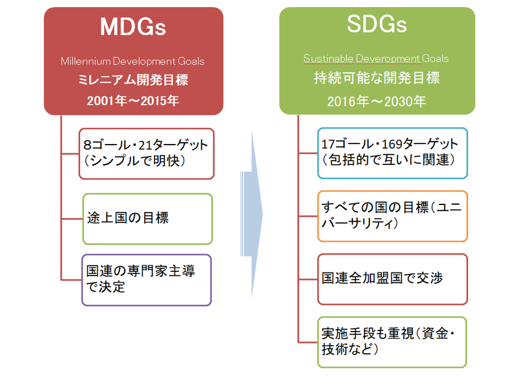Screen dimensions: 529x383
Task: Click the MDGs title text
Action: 133,27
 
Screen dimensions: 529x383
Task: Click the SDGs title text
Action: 377,24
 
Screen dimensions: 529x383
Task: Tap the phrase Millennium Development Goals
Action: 133,61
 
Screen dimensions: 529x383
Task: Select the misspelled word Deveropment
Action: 388,59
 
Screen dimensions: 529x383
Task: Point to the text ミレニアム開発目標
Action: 133,80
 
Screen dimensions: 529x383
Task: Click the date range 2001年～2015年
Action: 133,101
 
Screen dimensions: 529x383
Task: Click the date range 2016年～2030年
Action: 376,102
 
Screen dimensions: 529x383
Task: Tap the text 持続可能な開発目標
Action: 377,78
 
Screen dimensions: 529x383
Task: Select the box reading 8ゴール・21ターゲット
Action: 147,154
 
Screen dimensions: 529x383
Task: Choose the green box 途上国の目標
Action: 147,219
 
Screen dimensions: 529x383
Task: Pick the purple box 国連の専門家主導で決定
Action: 147,280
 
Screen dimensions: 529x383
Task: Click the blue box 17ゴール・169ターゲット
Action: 393,154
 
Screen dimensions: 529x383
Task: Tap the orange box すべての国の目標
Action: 393,216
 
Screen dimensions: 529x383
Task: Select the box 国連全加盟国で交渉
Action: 393,279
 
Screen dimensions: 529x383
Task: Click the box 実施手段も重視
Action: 392,342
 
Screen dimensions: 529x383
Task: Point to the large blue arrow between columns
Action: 252,215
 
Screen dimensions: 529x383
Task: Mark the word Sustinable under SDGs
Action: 329,59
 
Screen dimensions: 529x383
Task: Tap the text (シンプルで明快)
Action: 134,161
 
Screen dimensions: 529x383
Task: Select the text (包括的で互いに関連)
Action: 388,160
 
